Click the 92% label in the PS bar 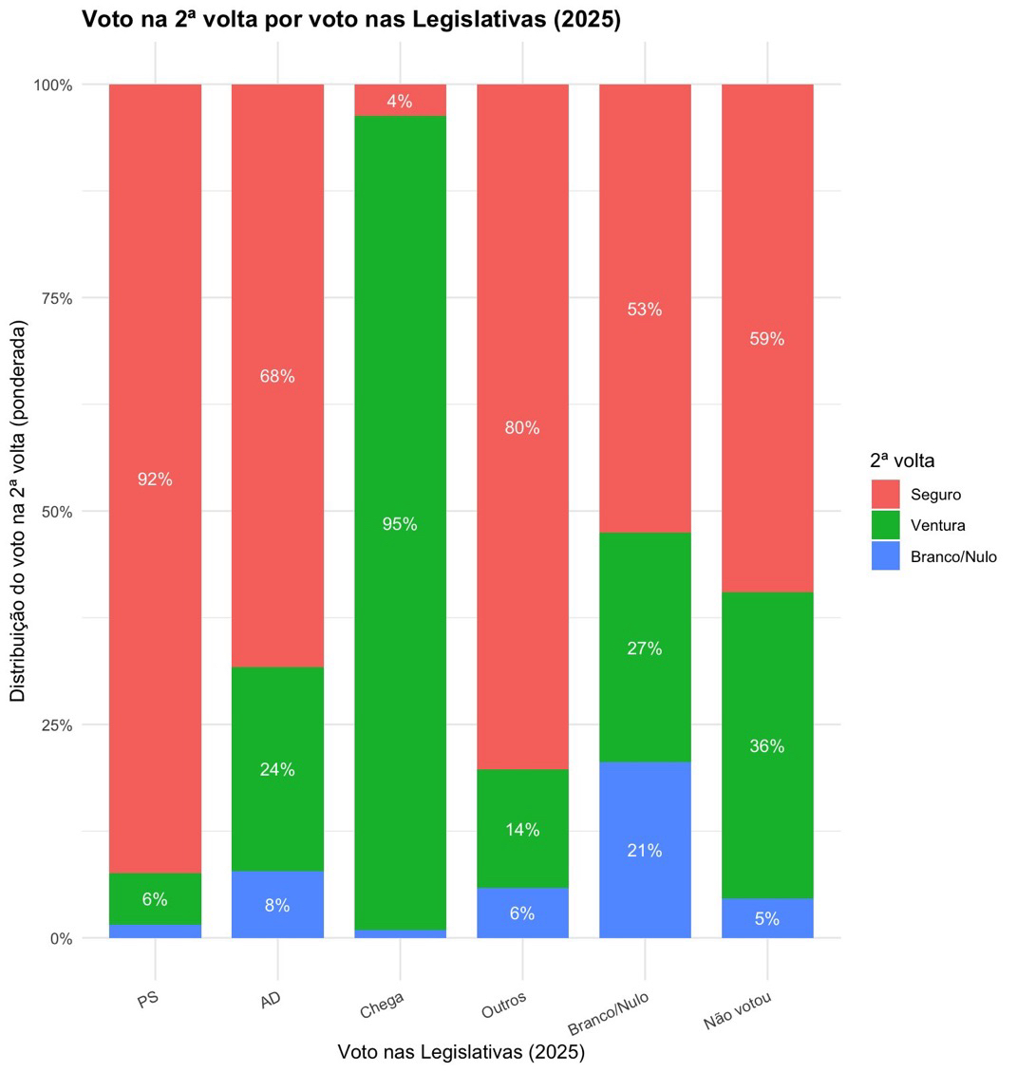(x=155, y=480)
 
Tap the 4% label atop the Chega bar (x=400, y=102)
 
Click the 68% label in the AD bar (x=277, y=376)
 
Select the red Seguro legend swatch (x=885, y=494)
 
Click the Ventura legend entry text (x=937, y=525)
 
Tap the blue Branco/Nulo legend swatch (x=885, y=556)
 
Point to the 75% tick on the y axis (x=55, y=298)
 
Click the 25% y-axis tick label (x=55, y=724)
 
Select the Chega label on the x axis (x=382, y=1004)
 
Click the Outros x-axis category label (x=503, y=1006)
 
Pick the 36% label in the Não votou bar (x=766, y=746)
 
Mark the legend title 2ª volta (x=902, y=461)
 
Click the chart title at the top (x=351, y=19)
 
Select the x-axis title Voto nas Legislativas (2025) (x=461, y=1052)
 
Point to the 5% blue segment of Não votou (x=766, y=918)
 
